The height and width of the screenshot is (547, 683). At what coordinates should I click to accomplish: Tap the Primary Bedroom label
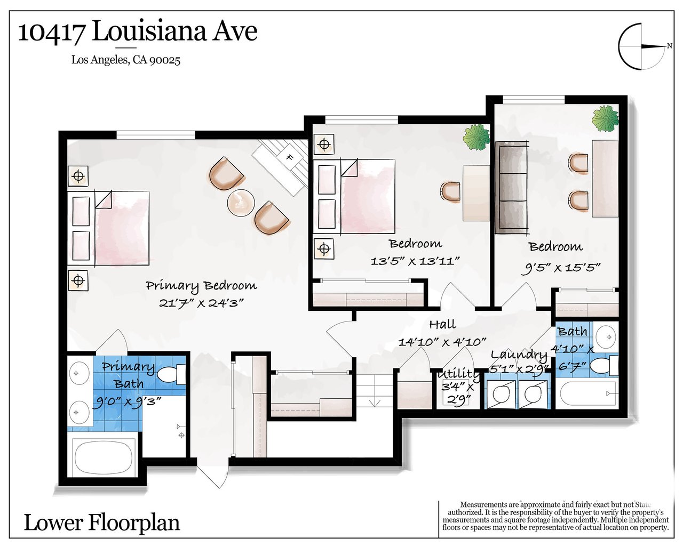[x=201, y=286]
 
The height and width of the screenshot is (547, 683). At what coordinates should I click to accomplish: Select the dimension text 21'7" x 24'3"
[x=201, y=303]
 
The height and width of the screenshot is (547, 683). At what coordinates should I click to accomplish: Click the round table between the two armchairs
[x=241, y=203]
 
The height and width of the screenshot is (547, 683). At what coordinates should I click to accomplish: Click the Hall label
[x=442, y=324]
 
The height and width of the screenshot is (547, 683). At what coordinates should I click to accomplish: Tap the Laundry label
[x=519, y=355]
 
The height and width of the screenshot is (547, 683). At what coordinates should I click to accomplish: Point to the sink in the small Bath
[x=605, y=337]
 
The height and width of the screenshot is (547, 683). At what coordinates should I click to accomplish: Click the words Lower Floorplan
[x=102, y=523]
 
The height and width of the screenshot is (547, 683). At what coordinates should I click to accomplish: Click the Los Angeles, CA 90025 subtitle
[x=126, y=60]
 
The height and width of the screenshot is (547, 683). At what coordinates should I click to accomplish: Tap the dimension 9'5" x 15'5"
[x=561, y=268]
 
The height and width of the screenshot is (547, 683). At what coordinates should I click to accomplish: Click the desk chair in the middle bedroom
[x=450, y=192]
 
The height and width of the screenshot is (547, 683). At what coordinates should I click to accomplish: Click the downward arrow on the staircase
[x=375, y=403]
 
